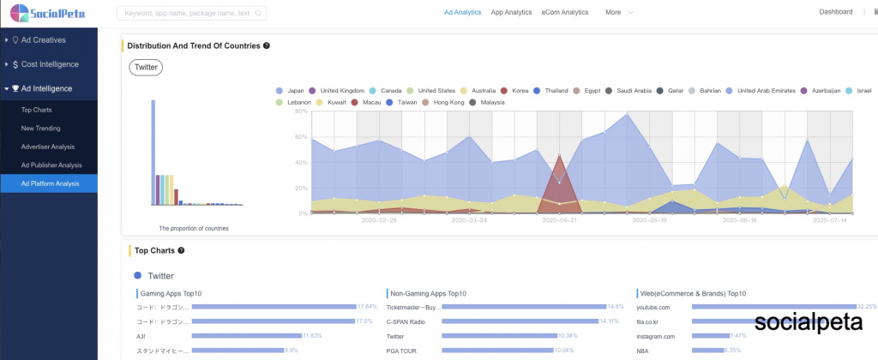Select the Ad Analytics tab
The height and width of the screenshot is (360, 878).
point(462,13)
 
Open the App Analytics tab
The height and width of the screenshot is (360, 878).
point(511,13)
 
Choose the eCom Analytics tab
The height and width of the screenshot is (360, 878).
point(565,13)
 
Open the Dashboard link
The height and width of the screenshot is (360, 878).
point(836,12)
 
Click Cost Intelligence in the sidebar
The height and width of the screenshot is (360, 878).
point(50,64)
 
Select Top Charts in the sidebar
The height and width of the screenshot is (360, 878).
point(36,110)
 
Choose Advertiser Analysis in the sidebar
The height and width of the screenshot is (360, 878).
point(48,147)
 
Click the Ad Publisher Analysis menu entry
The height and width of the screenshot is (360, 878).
point(51,165)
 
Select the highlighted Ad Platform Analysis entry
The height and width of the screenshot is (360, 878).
point(51,183)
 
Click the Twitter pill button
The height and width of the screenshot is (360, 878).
point(146,68)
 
